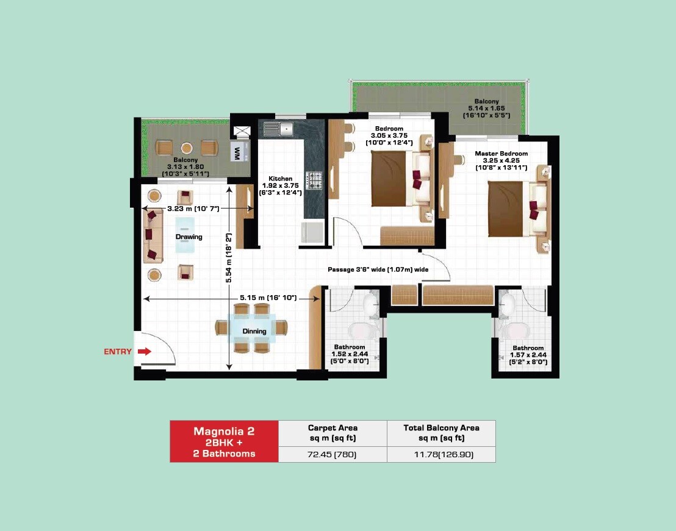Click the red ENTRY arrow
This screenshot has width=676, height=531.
coord(145,351)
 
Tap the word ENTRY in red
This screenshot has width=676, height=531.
coord(118,352)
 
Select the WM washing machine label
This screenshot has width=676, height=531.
coord(236,152)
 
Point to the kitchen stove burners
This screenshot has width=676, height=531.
coord(314,180)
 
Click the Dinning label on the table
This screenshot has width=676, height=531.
coord(254,332)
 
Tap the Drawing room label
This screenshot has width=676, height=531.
coord(189,237)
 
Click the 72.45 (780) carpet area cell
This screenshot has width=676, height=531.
coord(332,454)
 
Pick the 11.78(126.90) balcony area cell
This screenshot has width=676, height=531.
coord(441,454)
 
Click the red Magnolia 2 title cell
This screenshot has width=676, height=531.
coord(224,441)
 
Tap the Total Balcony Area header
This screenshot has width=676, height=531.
coord(441,432)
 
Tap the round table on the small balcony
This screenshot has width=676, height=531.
coord(187,148)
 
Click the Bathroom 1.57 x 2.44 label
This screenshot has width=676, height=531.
coord(528,355)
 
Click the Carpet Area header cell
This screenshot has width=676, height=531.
coord(333,432)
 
